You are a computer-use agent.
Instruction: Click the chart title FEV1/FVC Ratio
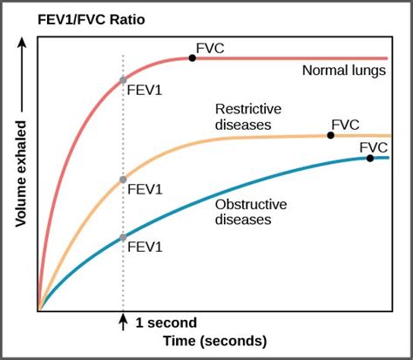72,17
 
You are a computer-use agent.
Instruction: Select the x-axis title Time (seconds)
214,341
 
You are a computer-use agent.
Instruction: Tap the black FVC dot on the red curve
192,58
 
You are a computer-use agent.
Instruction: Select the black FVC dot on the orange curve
331,135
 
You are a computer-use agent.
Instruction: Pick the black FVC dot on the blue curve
370,158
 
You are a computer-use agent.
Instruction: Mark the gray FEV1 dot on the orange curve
123,180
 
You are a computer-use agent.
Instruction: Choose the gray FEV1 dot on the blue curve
123,236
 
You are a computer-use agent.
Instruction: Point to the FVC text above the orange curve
345,125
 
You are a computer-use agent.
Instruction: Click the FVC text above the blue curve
374,147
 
